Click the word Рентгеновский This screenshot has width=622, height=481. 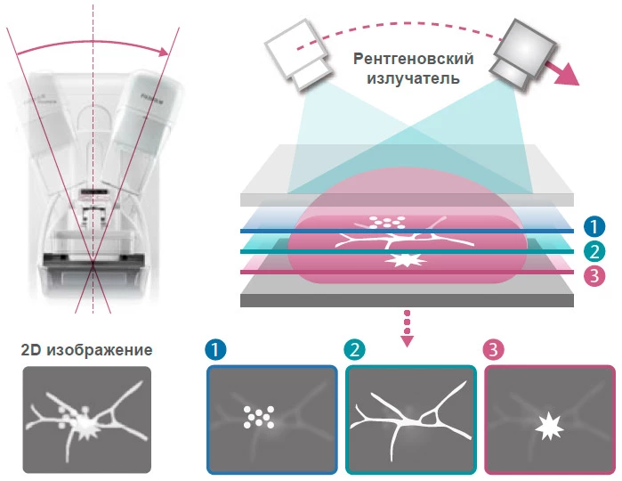412,60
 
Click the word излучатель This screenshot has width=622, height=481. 412,78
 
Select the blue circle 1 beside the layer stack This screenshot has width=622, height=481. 595,227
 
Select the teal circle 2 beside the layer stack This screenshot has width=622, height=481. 595,251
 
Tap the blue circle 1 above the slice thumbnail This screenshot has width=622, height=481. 214,348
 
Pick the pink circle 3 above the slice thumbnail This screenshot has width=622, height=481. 493,348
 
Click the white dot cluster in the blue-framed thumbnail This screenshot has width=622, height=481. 258,416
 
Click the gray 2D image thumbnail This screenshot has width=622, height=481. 86,420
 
